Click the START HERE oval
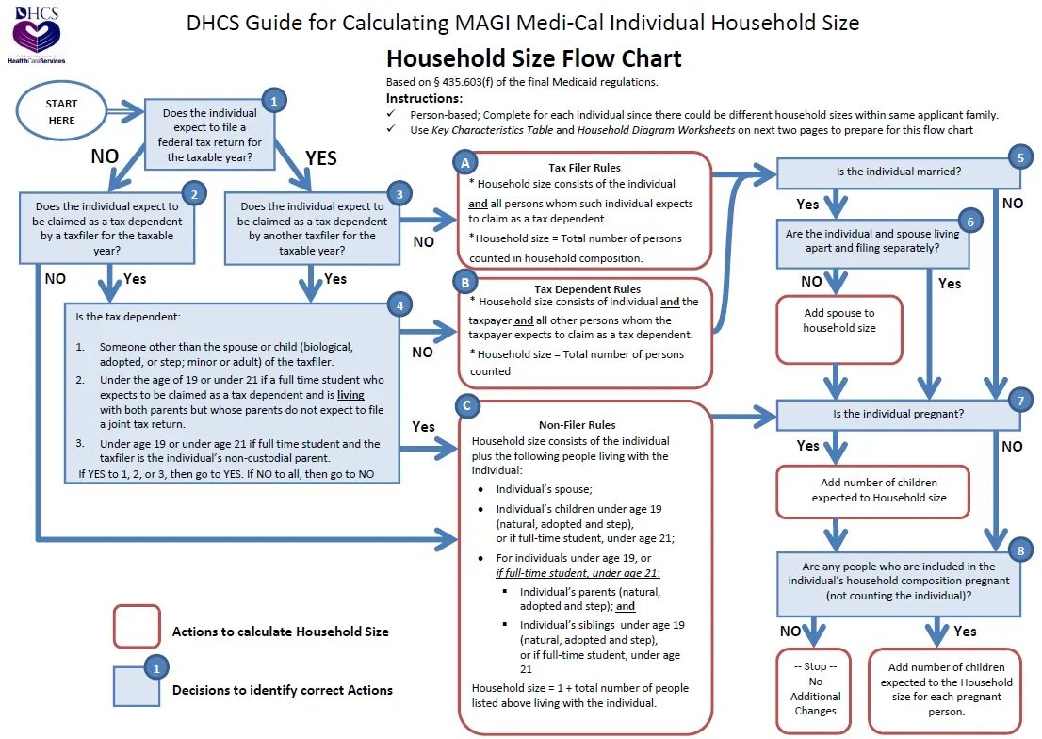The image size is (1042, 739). click(x=61, y=111)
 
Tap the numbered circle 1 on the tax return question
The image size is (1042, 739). click(x=273, y=100)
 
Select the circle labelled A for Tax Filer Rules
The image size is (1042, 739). click(x=464, y=162)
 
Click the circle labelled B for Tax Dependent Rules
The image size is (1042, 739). click(x=464, y=281)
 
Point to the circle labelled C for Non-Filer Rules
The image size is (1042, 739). click(x=464, y=406)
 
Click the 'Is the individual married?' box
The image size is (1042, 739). click(x=898, y=172)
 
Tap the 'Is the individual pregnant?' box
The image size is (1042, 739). click(x=898, y=413)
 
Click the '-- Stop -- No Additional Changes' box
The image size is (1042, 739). click(x=815, y=689)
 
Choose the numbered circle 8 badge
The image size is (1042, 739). click(x=1020, y=550)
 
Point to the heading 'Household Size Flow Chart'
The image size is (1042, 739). click(x=533, y=58)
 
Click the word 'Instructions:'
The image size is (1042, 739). click(x=424, y=99)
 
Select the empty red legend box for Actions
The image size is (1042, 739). click(x=137, y=626)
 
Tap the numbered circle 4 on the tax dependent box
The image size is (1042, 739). click(x=400, y=306)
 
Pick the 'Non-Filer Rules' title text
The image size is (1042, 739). click(x=577, y=425)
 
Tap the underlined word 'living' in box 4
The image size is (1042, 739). click(x=350, y=395)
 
